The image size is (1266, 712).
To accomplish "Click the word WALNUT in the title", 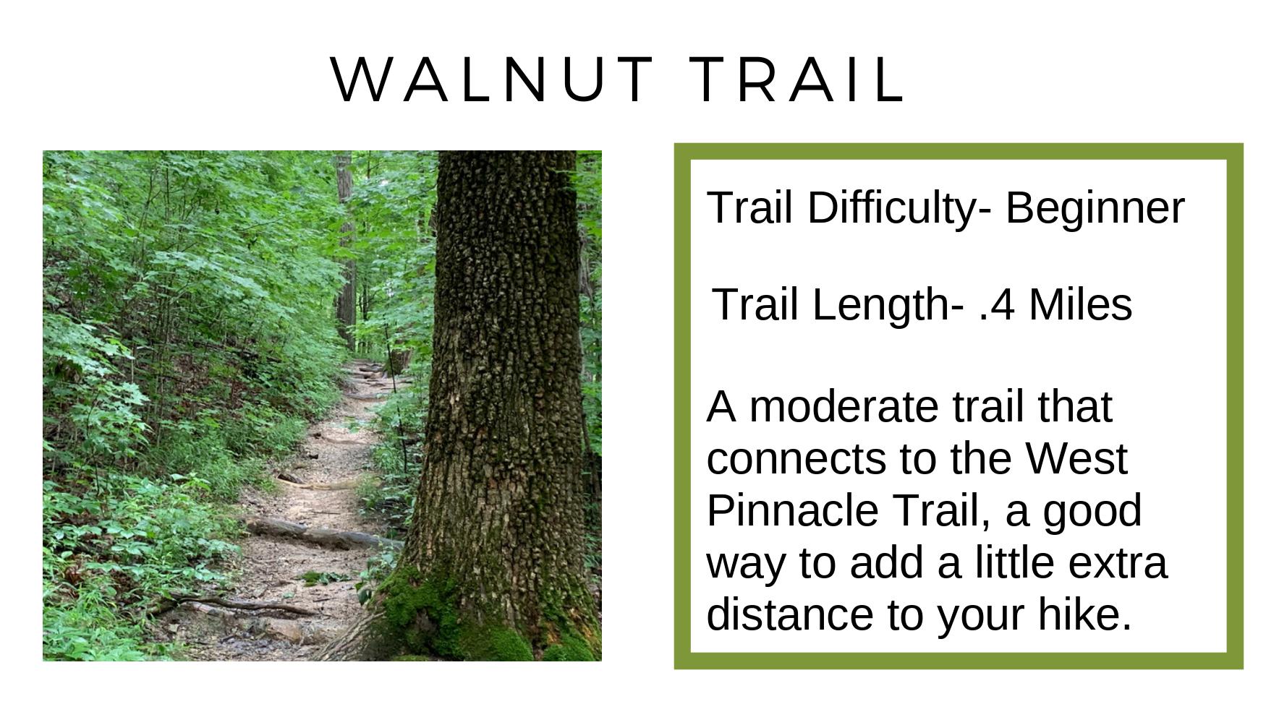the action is pyautogui.click(x=493, y=79).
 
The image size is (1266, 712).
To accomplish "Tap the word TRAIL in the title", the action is pyautogui.click(x=798, y=79).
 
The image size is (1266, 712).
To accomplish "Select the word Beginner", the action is pyautogui.click(x=1095, y=208).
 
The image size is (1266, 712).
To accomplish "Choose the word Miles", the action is pyautogui.click(x=1080, y=304).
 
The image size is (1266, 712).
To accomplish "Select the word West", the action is pyautogui.click(x=1076, y=458).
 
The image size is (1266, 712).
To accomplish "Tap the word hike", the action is pyautogui.click(x=1084, y=614).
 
